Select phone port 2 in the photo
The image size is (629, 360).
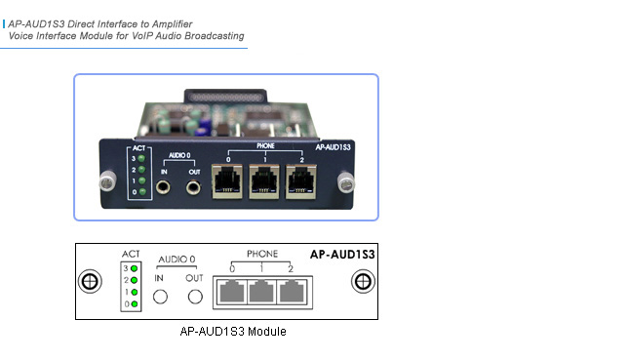(x=298, y=180)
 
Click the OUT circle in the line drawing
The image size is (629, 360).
(x=196, y=297)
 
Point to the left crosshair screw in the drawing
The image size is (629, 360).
(x=90, y=282)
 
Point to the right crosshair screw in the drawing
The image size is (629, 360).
(x=362, y=282)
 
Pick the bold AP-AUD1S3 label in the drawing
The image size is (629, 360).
(x=342, y=253)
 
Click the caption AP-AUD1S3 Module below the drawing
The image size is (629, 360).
(x=233, y=332)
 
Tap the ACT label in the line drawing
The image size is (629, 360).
(x=131, y=254)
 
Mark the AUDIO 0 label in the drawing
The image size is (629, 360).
(x=178, y=261)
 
